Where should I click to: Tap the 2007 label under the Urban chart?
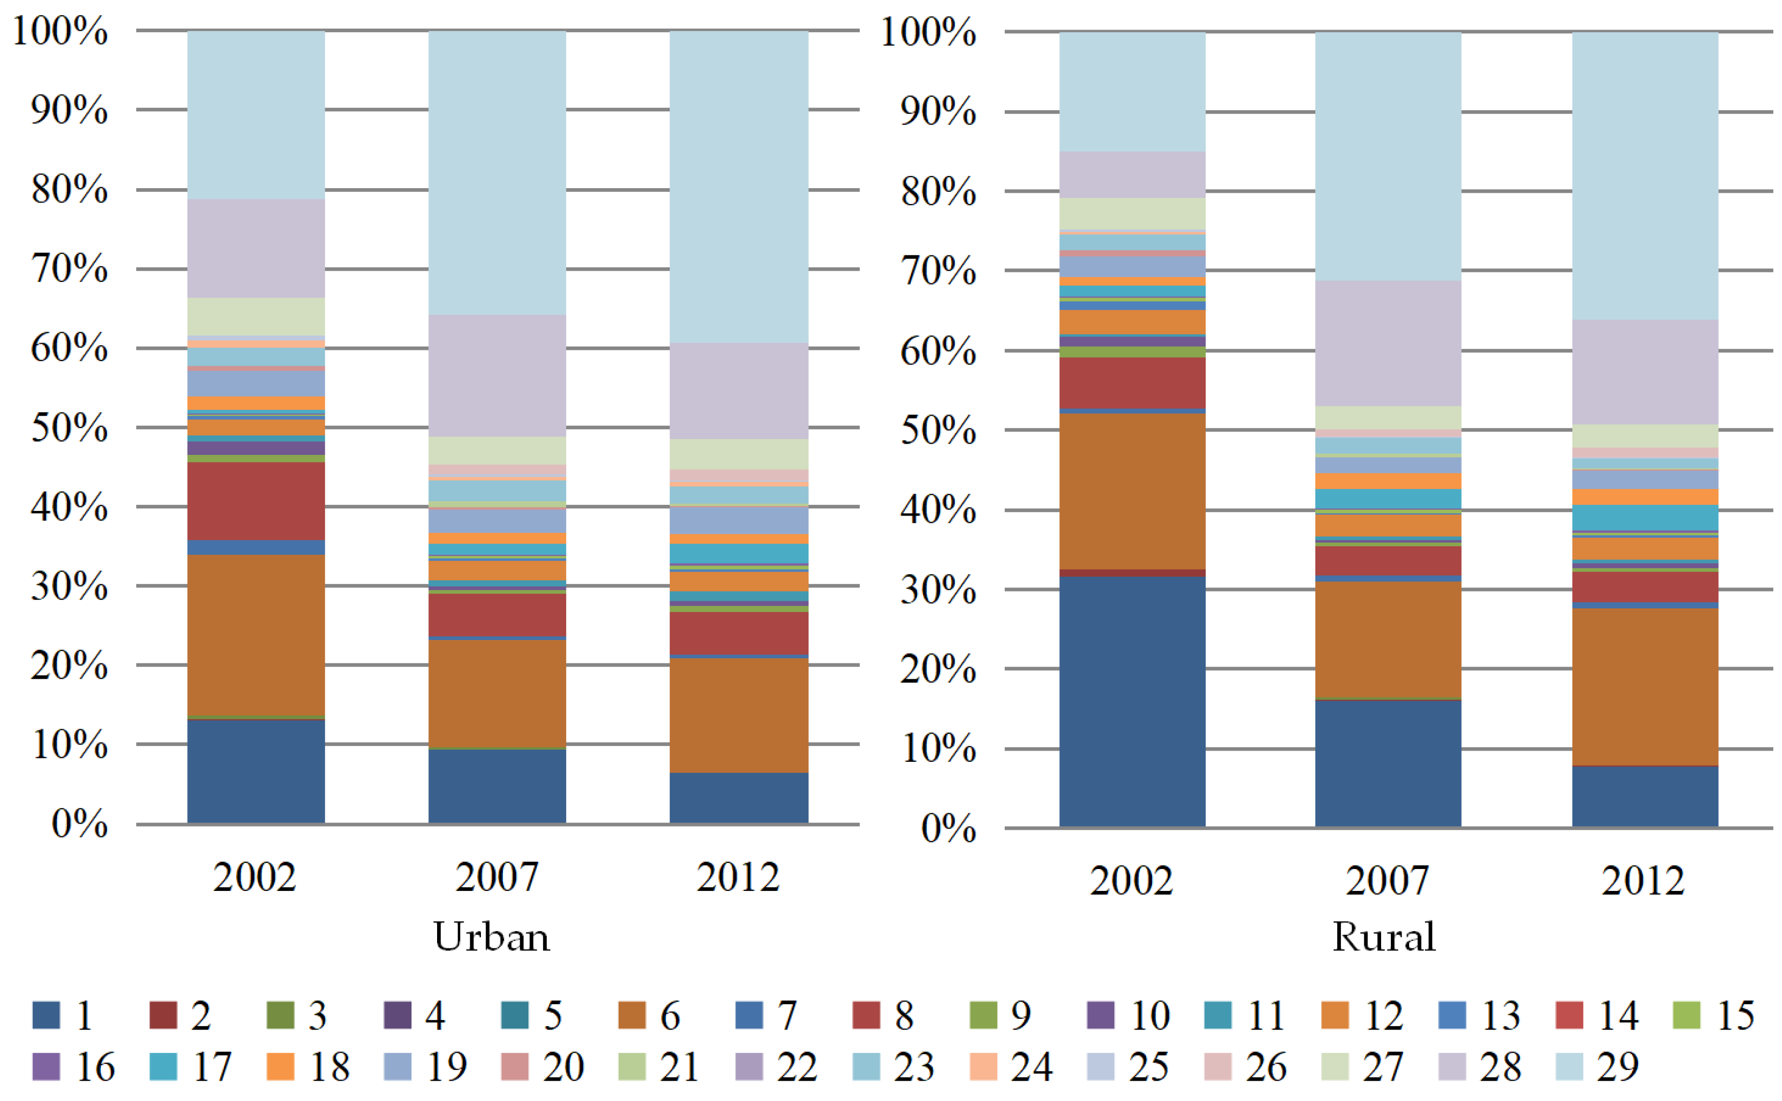pos(497,877)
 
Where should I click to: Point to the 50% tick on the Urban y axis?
pos(69,428)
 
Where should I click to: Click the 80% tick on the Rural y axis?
pos(937,192)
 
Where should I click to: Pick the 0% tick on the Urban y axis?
pos(80,824)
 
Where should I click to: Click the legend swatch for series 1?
pos(46,1015)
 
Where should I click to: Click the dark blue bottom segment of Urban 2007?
pos(497,786)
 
